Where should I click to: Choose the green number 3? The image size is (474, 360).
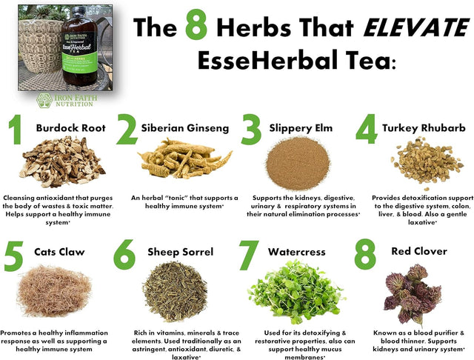pyautogui.click(x=252, y=130)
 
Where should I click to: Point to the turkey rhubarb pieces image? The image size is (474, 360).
pyautogui.click(x=418, y=162)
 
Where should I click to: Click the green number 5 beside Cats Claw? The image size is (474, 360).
pyautogui.click(x=16, y=256)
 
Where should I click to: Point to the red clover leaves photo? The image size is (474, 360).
pyautogui.click(x=411, y=290)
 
